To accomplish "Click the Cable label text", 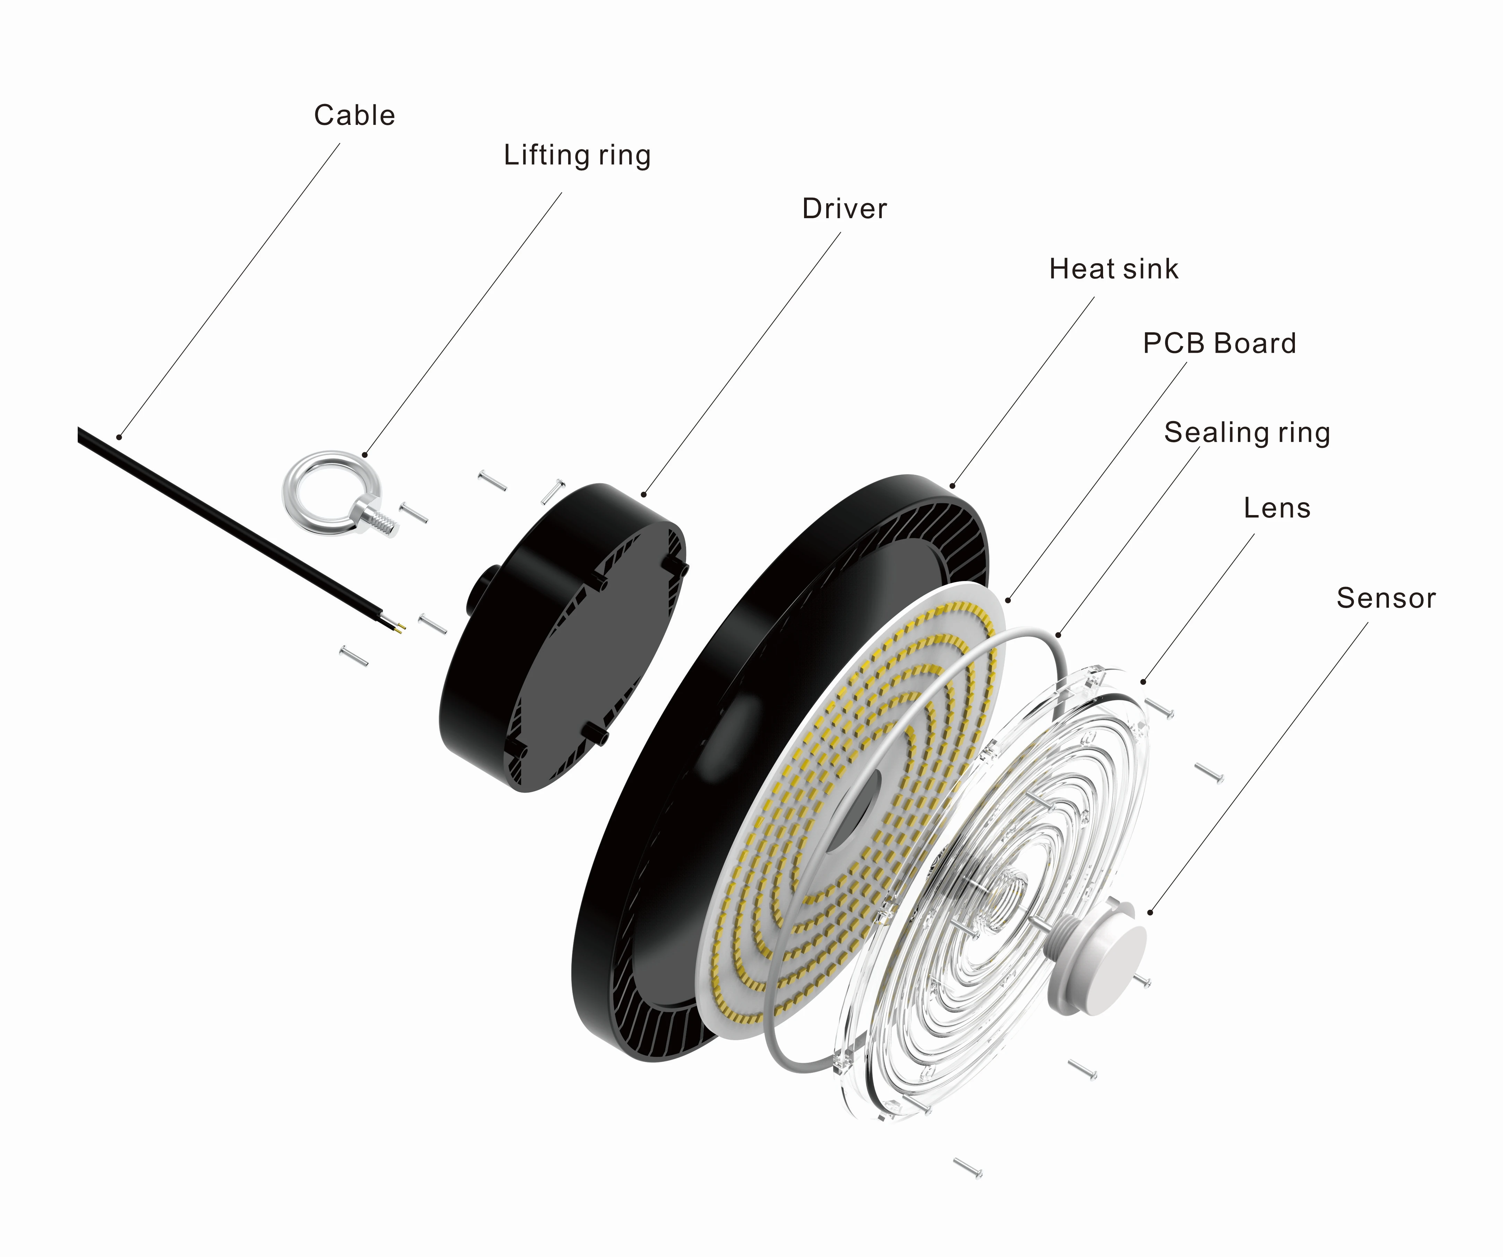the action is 354,115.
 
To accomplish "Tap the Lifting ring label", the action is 577,155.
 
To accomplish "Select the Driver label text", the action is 844,209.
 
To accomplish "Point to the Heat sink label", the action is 1113,269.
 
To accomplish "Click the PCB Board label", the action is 1219,344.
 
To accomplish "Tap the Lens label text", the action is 1277,508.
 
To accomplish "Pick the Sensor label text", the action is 1386,598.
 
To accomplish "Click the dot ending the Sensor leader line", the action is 1150,912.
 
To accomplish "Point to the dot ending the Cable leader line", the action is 120,437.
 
